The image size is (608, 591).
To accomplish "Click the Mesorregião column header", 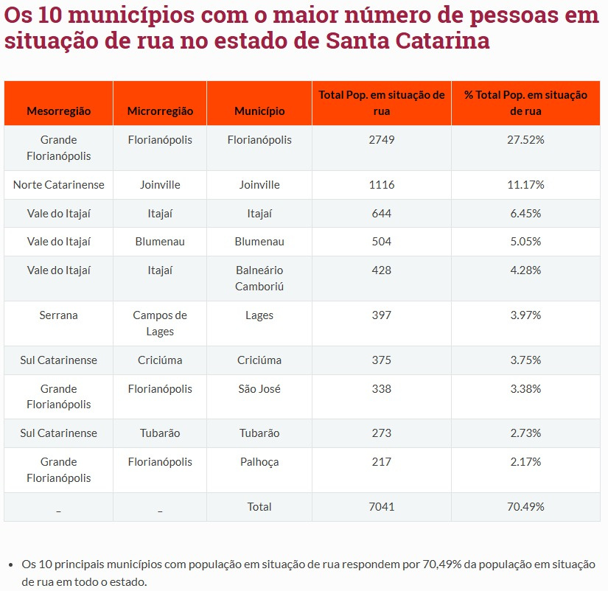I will pos(59,111).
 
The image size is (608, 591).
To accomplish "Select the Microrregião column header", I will pos(160,111).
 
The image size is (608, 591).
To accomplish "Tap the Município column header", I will pos(259,111).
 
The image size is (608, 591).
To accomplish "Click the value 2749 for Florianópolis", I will pos(382,139).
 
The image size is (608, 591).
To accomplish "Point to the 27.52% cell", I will pos(525,139).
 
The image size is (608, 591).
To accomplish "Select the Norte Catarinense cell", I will pos(59,185).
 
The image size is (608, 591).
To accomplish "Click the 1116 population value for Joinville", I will pos(382,185).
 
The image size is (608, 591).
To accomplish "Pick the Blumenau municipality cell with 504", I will pos(259,242).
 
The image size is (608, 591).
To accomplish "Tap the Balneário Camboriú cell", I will pos(259,278).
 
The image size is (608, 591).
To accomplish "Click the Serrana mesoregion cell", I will pos(59,315).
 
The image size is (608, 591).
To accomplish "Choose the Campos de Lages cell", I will pos(160,323).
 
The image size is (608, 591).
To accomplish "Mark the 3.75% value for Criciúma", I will pos(525,360).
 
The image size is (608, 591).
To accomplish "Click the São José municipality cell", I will pos(259,388).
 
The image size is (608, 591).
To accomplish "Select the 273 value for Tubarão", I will pos(382,433).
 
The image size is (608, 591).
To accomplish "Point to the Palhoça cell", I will pos(259,462).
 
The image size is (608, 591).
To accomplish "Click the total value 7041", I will pos(382,506).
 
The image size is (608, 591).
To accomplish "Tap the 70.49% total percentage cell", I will pos(525,506).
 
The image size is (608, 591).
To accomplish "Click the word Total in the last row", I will pos(259,506).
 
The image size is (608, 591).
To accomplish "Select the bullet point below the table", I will pos(11,565).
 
